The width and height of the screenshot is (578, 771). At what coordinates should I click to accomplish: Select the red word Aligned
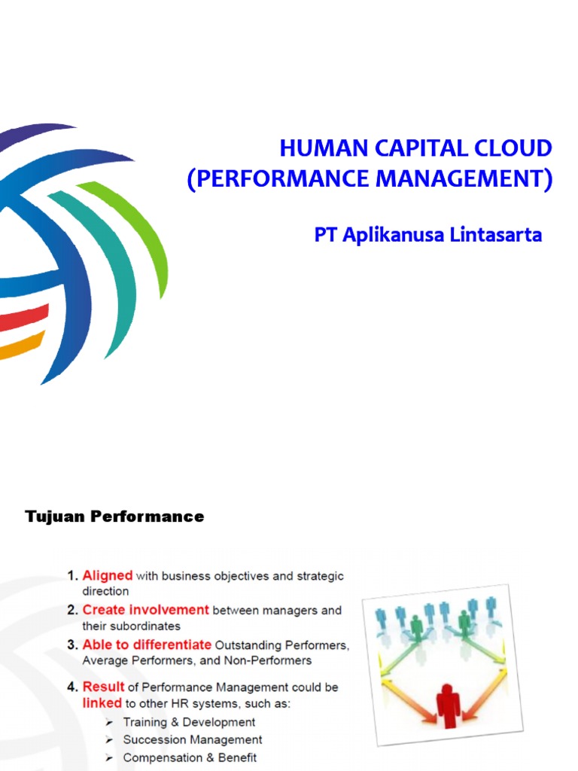(108, 576)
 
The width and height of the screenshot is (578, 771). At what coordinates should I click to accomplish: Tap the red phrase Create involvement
(145, 610)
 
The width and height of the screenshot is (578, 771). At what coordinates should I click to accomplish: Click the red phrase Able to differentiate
(147, 645)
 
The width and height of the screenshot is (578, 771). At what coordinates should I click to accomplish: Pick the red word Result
(103, 687)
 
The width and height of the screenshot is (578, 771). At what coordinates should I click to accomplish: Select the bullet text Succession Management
(193, 740)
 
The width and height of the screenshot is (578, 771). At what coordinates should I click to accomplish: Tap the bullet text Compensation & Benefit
(190, 757)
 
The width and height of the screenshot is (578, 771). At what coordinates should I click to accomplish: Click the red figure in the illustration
(448, 704)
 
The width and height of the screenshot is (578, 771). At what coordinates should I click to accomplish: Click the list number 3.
(72, 645)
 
